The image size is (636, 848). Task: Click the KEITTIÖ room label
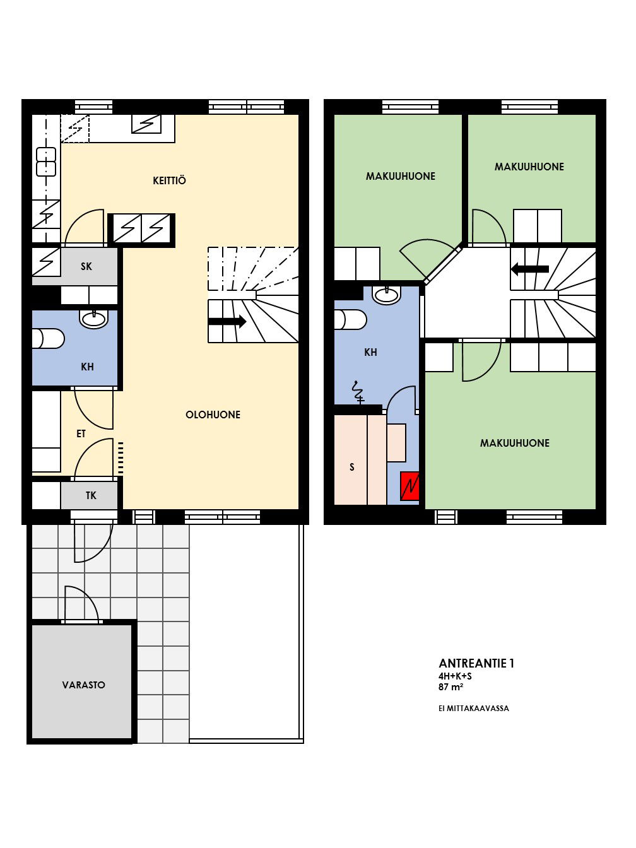click(169, 180)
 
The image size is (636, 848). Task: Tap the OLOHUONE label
click(213, 415)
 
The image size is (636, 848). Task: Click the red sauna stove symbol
click(409, 486)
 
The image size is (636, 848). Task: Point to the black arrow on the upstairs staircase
click(530, 269)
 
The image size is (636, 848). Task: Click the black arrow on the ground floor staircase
click(227, 321)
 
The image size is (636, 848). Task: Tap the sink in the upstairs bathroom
click(386, 295)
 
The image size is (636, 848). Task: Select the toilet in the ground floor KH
click(48, 338)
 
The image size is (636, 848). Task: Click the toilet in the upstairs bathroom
click(350, 319)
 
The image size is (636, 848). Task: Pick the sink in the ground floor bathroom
click(93, 319)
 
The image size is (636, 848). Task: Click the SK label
click(86, 266)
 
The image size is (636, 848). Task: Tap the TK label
click(91, 495)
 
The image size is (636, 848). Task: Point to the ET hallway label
click(81, 434)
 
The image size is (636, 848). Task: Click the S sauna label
click(352, 467)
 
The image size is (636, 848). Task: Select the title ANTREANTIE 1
click(476, 663)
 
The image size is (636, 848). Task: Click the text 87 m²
click(450, 687)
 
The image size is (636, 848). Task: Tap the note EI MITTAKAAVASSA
click(473, 709)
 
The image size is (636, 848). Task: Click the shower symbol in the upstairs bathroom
click(357, 393)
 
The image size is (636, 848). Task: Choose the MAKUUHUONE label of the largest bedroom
click(514, 443)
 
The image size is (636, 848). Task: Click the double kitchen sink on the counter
click(46, 162)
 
